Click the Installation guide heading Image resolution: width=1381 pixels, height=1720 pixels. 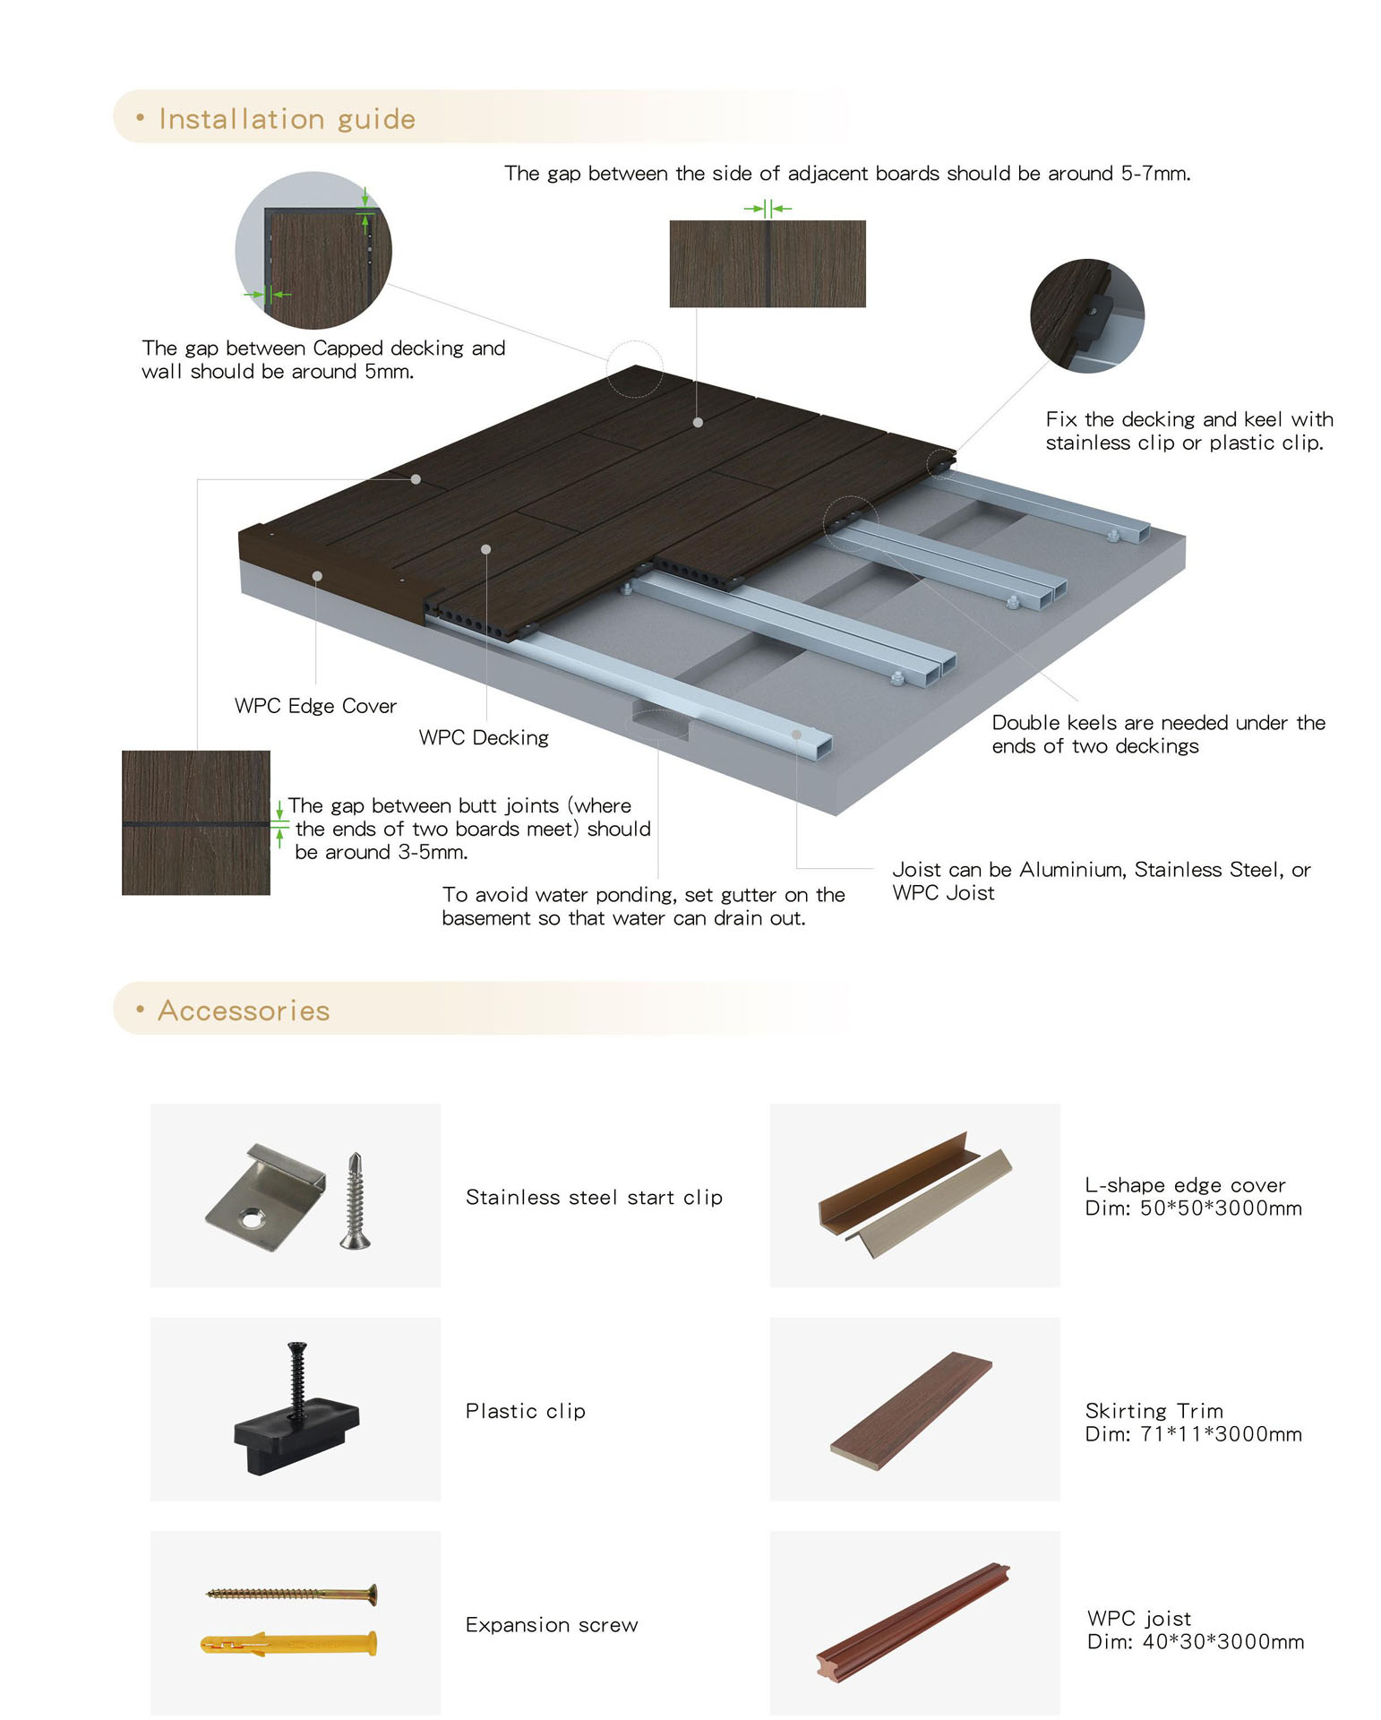point(287,119)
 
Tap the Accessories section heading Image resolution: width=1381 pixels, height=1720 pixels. point(244,1010)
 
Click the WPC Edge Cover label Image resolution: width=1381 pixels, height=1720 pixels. point(315,706)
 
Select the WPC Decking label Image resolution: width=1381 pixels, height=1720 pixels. point(484,737)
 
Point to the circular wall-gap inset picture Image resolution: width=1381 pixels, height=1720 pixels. point(313,251)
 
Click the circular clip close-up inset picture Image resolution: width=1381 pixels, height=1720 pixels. point(1087,315)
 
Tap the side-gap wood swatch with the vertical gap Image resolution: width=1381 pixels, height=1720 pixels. point(768,263)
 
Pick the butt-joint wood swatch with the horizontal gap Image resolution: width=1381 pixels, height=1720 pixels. point(196,822)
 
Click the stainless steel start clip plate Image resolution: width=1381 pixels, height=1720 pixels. point(265,1197)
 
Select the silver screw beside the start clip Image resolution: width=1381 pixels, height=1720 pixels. point(356,1200)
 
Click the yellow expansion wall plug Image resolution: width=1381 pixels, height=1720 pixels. point(288,1644)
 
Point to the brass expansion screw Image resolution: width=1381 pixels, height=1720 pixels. point(292,1594)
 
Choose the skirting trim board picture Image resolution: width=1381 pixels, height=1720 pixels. point(912,1410)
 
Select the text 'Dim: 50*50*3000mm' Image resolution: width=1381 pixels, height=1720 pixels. point(1193,1208)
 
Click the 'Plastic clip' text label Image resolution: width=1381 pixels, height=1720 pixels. point(526,1411)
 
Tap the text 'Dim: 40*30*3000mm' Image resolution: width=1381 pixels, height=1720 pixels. point(1196,1641)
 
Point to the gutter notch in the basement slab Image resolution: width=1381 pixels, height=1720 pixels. point(661,722)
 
